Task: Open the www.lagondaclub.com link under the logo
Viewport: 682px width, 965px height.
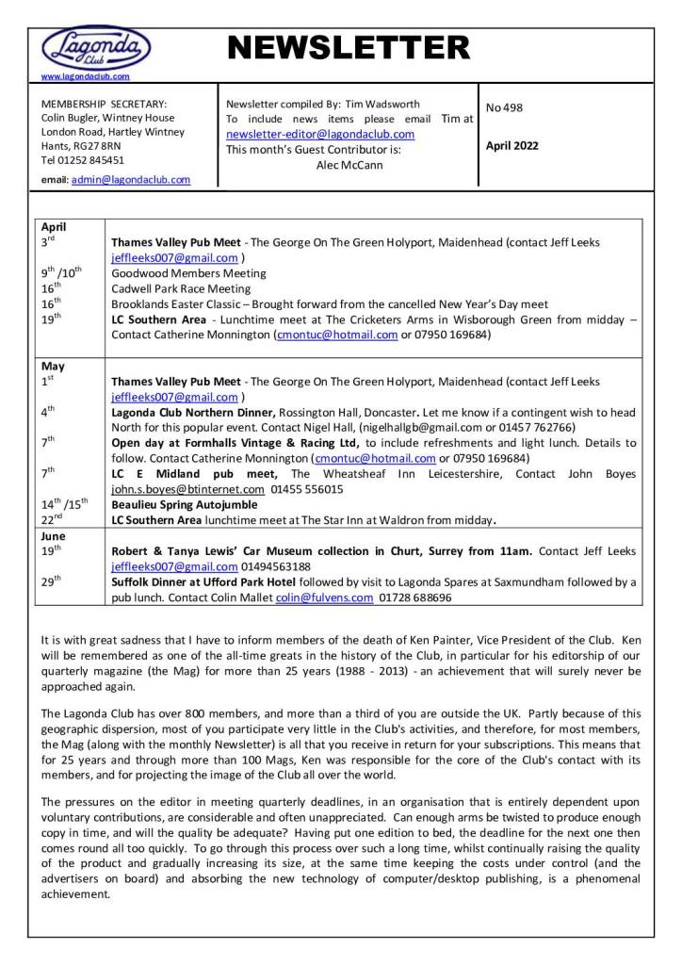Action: click(x=86, y=75)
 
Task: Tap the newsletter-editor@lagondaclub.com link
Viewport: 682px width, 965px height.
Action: click(x=320, y=135)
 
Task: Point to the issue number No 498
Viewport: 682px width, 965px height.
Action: click(x=504, y=107)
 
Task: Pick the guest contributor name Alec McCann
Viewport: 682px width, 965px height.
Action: click(x=349, y=165)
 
